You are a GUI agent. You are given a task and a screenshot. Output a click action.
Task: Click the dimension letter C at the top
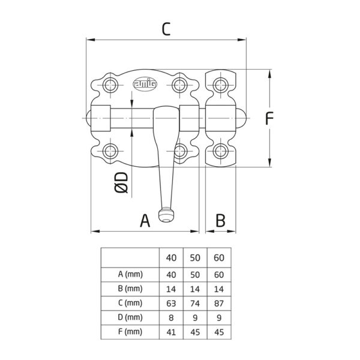pos(166,29)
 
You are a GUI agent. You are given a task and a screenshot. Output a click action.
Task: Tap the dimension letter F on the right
pos(269,118)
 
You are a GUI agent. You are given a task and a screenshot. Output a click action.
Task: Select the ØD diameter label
pos(121,182)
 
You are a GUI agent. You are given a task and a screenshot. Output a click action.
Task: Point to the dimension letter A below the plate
pos(145,221)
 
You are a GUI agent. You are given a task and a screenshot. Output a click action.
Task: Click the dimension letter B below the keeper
pos(220,221)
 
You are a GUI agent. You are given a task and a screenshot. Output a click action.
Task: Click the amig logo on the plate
pos(145,84)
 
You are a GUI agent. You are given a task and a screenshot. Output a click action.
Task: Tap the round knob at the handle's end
pos(166,215)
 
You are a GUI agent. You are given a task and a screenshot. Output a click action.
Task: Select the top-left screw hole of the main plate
pos(110,85)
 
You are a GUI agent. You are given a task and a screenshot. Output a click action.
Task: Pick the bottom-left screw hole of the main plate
pos(110,151)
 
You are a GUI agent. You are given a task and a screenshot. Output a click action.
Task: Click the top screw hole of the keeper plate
pos(221,85)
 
